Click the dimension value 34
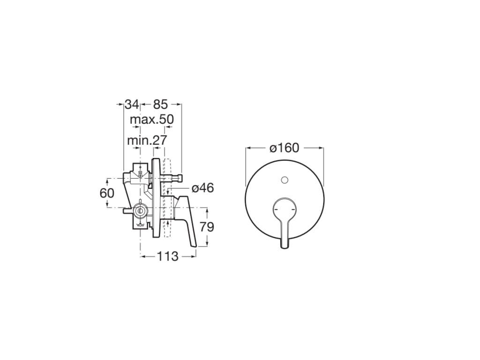(x=132, y=104)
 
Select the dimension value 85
(x=160, y=104)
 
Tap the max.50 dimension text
(x=151, y=120)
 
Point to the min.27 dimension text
(x=147, y=140)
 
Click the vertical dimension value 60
(x=107, y=193)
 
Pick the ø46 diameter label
(x=202, y=188)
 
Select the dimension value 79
(x=207, y=227)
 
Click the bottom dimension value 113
(x=168, y=256)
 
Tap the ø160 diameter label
(x=284, y=148)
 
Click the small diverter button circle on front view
(x=284, y=180)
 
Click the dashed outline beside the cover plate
(x=166, y=197)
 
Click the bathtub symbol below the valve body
(x=140, y=225)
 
